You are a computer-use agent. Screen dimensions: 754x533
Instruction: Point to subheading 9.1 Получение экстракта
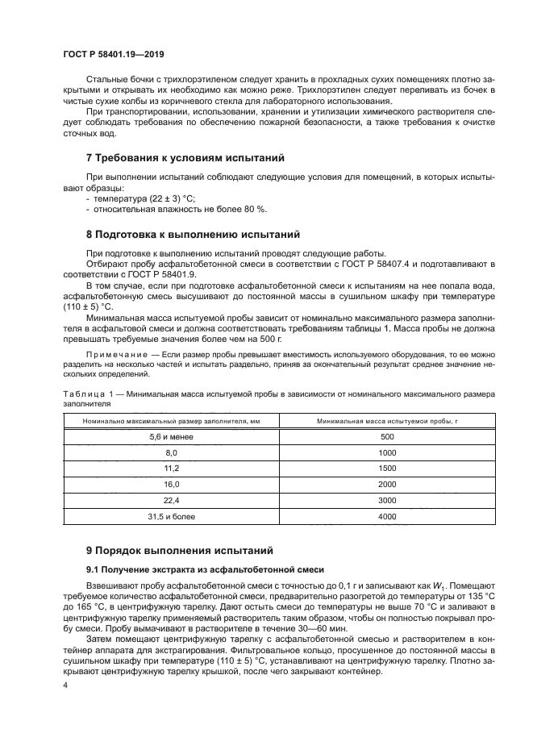[x=189, y=570]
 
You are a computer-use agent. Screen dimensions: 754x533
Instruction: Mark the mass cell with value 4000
[x=387, y=515]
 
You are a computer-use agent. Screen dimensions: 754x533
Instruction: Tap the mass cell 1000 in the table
[x=387, y=452]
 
